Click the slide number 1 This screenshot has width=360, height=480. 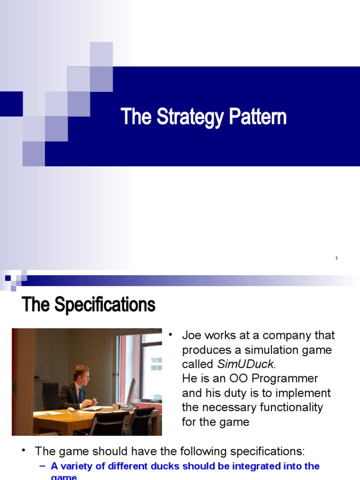tap(337, 258)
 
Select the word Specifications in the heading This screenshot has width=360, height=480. tap(105, 305)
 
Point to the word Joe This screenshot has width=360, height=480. tap(191, 336)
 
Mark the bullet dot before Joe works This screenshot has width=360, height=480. tap(171, 334)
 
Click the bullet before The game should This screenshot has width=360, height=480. tap(23, 450)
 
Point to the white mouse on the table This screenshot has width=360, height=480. tap(71, 409)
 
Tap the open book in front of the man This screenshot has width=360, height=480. tap(92, 408)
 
